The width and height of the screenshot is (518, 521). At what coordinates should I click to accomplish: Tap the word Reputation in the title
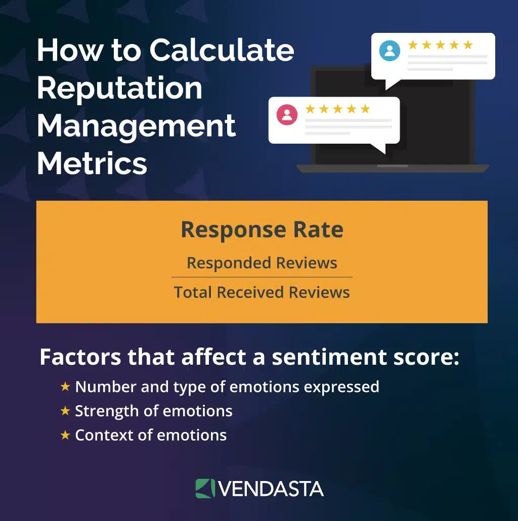coord(119,88)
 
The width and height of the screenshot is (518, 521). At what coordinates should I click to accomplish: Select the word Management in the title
coord(136,125)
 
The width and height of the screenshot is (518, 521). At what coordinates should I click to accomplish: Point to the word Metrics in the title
coord(92,163)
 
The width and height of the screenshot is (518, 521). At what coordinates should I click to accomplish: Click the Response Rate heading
coord(262,230)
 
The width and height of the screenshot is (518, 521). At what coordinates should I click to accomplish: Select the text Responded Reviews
coord(262,263)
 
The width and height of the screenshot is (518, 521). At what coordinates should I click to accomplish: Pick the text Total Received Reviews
coord(262,292)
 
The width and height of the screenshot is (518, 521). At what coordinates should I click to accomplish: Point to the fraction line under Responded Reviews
coord(262,277)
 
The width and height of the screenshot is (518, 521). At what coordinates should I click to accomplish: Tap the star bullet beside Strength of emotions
coord(65,411)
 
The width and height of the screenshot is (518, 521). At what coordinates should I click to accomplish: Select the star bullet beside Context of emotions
coord(65,435)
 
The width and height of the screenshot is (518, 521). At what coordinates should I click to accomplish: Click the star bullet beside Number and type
coord(65,387)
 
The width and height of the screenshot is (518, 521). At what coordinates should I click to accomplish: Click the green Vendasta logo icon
coord(205,489)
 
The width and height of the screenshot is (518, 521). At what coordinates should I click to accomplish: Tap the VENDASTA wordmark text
coord(272,489)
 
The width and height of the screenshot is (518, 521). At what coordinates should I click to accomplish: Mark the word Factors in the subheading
coord(80,358)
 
